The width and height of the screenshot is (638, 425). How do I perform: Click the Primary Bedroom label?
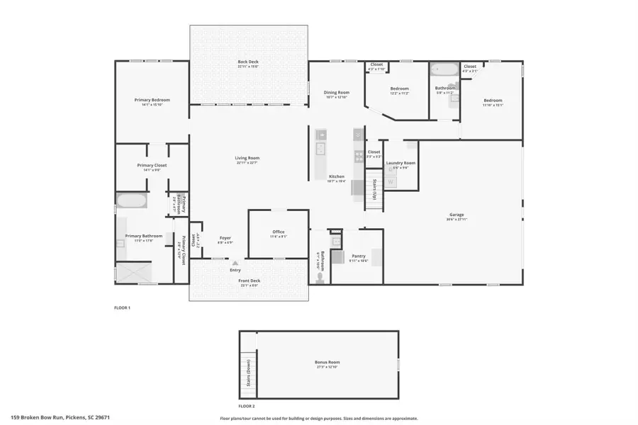152,101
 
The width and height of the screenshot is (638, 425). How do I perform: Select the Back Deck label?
248,62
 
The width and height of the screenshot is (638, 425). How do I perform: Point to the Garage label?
457,215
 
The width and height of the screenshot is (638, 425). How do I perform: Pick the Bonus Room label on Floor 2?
328,363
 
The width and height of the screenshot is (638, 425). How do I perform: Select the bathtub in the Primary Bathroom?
131,200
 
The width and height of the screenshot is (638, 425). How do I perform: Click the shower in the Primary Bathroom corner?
134,273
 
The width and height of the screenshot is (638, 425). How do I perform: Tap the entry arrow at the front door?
235,263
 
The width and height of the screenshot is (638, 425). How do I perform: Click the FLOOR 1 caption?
123,308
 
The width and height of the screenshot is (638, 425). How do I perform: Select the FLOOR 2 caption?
246,406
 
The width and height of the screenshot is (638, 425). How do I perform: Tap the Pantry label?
358,256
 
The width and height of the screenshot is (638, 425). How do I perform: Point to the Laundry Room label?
401,164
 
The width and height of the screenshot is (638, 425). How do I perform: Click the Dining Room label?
337,93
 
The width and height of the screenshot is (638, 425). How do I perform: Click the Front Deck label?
249,280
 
